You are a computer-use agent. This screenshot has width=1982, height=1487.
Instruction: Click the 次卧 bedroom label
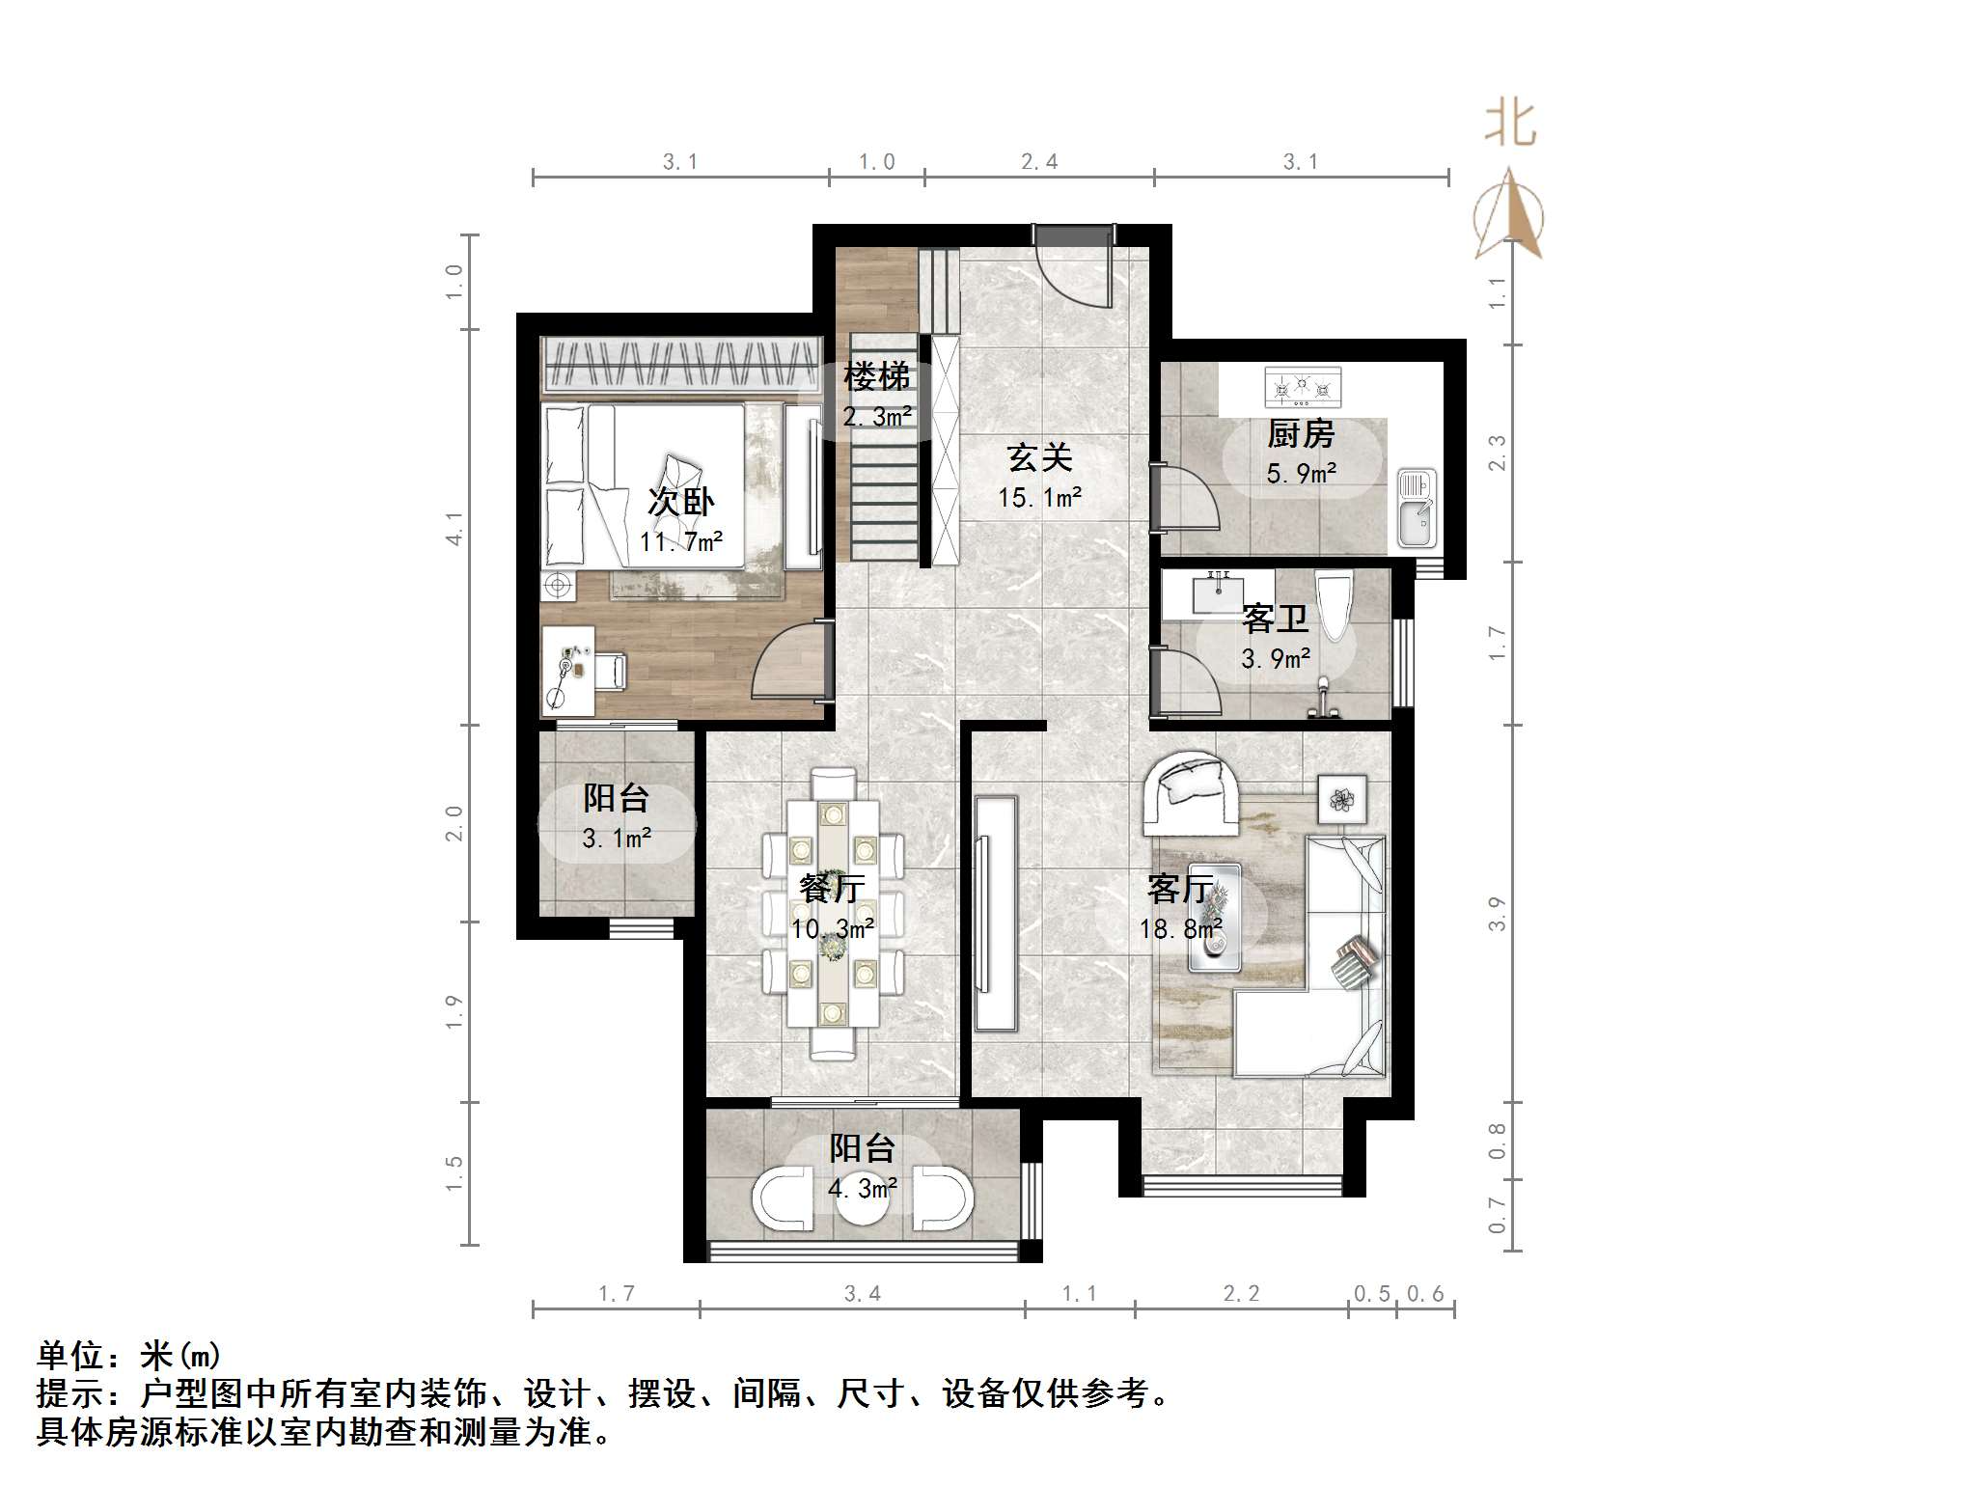point(680,502)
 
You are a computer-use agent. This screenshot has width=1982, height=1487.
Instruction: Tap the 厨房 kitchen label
point(1300,434)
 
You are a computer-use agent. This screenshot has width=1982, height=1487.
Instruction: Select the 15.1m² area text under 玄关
point(1039,498)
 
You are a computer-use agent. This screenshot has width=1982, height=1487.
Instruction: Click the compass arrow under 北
point(1508,216)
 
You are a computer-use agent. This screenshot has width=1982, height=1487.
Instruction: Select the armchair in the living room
point(1191,792)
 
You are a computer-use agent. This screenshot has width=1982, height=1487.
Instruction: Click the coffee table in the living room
point(1213,918)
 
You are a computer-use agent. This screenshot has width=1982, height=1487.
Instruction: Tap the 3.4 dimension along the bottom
point(862,1294)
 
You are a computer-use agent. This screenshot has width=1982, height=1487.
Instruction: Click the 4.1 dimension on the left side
point(454,528)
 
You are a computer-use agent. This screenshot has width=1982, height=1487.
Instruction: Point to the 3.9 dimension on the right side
point(1497,913)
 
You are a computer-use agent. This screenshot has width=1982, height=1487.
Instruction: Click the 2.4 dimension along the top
point(1039,162)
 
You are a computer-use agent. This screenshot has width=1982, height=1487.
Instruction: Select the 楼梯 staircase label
point(876,376)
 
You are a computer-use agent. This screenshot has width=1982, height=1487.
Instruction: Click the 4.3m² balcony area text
point(862,1188)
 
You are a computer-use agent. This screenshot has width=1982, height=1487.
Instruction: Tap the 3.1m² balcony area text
point(616,839)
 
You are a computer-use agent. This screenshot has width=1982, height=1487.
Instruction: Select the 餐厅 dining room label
point(832,888)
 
